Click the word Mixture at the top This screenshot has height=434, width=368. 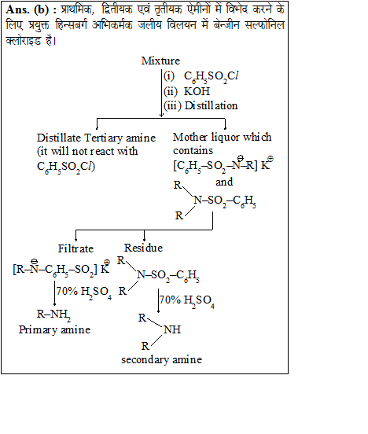coord(160,61)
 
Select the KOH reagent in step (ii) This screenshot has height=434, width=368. coord(197,91)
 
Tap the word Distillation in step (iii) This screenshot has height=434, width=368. coord(212,105)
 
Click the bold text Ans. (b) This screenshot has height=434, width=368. coord(28,10)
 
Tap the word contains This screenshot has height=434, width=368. coord(193,151)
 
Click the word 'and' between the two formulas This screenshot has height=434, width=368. coord(224,182)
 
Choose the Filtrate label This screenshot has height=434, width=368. coord(75,248)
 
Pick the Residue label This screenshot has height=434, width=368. coord(143,248)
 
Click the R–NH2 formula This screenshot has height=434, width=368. coord(53,314)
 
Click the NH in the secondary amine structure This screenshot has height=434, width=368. coord(172,329)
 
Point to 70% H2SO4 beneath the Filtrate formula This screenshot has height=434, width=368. coord(84,292)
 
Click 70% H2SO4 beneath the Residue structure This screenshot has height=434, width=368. coord(187,300)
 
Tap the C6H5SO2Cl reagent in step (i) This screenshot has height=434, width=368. coord(211,76)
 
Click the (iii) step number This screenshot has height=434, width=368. coord(172,105)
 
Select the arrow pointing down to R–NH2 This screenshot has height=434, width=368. coord(54,293)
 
